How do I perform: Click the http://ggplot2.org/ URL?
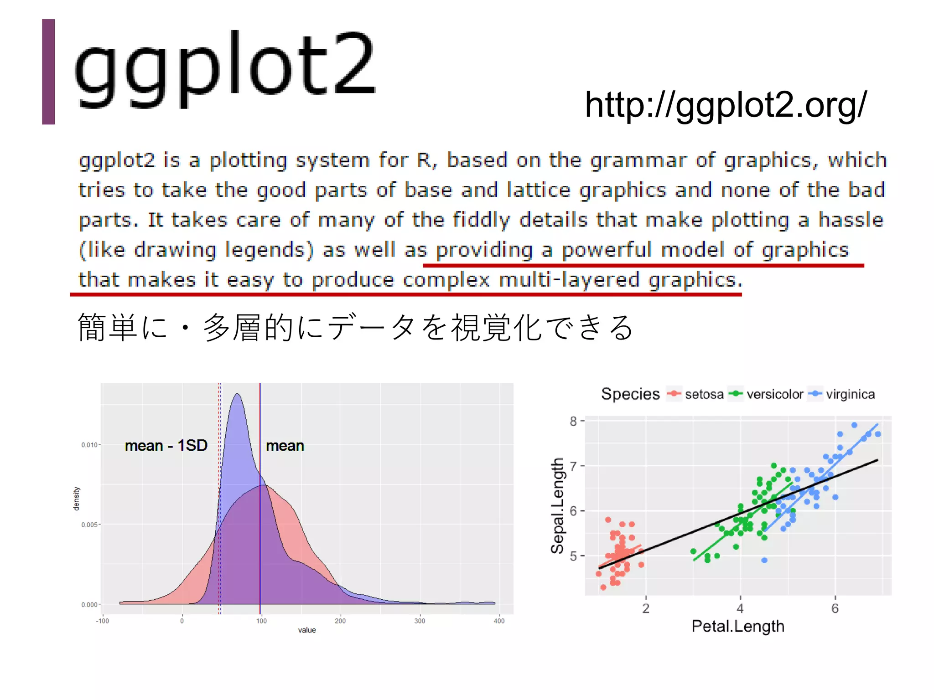(725, 105)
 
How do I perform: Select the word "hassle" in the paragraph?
(851, 220)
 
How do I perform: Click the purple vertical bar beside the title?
(48, 72)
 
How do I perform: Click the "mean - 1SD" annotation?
(166, 445)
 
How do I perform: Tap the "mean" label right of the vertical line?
(285, 446)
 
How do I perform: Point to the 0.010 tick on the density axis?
(89, 445)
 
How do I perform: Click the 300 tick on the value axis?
(420, 621)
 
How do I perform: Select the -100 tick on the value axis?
(102, 621)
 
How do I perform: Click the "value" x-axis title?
(307, 630)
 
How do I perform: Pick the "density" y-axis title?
(76, 499)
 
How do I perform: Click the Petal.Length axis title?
(738, 626)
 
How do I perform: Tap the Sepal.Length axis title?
(558, 505)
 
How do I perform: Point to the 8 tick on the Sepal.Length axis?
(573, 421)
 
